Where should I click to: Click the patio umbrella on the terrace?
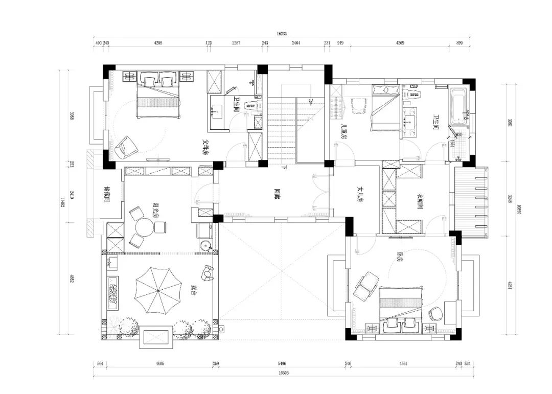pos(158,291)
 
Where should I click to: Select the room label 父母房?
pos(206,148)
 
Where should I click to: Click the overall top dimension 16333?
pos(282,34)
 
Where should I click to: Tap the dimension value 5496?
pos(281,363)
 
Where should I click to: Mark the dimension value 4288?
pos(158,43)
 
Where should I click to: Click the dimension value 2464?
pos(296,43)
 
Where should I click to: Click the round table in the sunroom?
pos(143,225)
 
